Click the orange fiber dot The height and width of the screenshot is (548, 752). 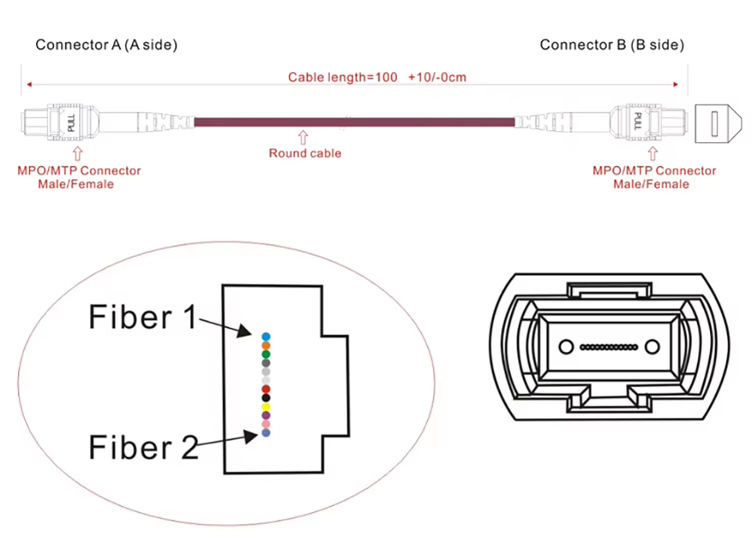click(x=265, y=345)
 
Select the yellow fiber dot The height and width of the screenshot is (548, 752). click(x=265, y=406)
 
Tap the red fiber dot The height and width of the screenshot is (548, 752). click(x=265, y=388)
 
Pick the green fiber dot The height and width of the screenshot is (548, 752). click(x=265, y=354)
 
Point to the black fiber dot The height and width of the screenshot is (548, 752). click(x=265, y=397)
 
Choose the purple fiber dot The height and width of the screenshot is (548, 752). click(x=265, y=415)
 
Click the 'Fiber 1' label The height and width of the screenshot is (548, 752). click(x=142, y=316)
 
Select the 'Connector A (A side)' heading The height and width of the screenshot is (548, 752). click(x=106, y=45)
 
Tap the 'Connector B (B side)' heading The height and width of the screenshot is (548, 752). click(x=612, y=45)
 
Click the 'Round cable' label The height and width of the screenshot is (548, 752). click(x=305, y=153)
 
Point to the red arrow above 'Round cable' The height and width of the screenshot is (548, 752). click(x=304, y=137)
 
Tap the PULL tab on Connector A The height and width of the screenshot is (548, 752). click(x=72, y=122)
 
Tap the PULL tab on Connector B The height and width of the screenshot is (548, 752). click(x=637, y=122)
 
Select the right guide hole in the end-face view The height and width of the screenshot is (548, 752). click(x=652, y=347)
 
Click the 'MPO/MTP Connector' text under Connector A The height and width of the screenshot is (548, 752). click(x=79, y=171)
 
